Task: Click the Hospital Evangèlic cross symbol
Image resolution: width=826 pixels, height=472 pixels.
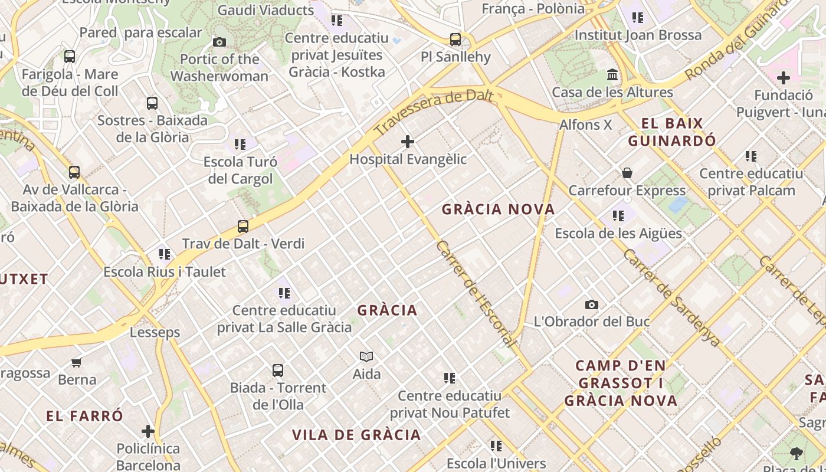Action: (x=407, y=142)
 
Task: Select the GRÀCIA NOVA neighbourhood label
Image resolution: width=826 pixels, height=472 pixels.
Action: (x=498, y=209)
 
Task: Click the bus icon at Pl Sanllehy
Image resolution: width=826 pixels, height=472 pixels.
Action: (x=455, y=40)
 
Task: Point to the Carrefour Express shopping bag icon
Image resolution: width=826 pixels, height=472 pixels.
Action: (x=627, y=173)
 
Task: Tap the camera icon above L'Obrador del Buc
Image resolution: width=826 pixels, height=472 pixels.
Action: (x=591, y=304)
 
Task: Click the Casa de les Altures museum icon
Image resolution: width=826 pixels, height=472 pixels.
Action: (x=612, y=75)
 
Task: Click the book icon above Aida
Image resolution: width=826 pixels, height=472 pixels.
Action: (x=366, y=356)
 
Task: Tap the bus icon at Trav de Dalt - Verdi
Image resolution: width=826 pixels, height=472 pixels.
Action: (x=242, y=226)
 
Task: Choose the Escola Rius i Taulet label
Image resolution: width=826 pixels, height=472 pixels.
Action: (x=165, y=272)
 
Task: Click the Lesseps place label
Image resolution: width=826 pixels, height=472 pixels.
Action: (x=155, y=332)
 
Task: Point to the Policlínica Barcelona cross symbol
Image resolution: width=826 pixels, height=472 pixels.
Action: (x=148, y=431)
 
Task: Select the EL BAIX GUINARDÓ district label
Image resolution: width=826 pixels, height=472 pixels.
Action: (x=672, y=132)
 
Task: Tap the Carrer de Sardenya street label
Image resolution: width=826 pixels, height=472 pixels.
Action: (x=671, y=297)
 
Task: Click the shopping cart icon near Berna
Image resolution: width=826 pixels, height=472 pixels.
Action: (x=76, y=362)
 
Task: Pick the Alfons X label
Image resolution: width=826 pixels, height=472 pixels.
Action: (x=585, y=125)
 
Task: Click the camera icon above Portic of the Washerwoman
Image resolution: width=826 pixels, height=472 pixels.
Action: (x=219, y=42)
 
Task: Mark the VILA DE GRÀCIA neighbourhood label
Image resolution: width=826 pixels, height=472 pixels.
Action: (x=356, y=435)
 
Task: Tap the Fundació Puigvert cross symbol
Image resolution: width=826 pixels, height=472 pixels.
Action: (x=783, y=78)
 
